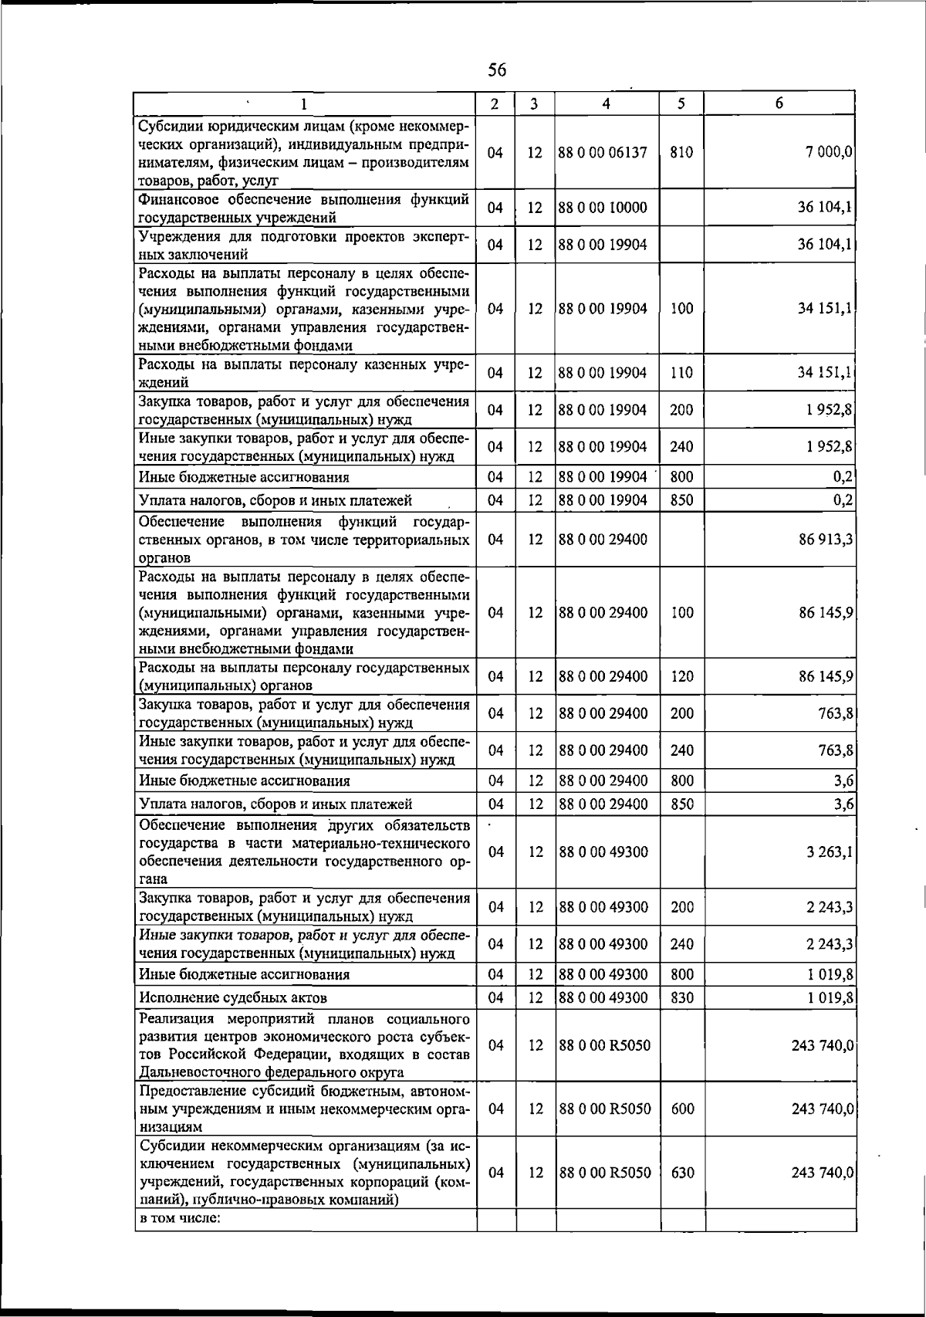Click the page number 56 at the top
(x=497, y=70)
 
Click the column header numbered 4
(x=607, y=104)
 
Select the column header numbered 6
(x=779, y=103)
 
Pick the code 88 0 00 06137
(x=602, y=153)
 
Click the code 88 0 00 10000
(x=602, y=208)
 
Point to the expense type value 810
(x=681, y=153)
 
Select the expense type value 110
(x=681, y=373)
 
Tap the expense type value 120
(x=681, y=677)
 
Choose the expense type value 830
(x=681, y=997)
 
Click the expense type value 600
(x=681, y=1109)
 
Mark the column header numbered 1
(x=305, y=104)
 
